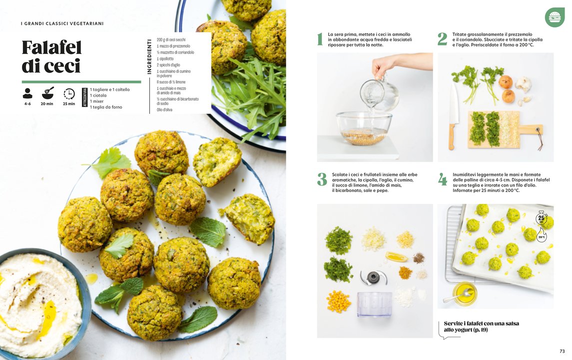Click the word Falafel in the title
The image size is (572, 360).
pyautogui.click(x=51, y=47)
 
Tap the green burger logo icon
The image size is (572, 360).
pyautogui.click(x=555, y=17)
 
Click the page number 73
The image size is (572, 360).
pyautogui.click(x=562, y=351)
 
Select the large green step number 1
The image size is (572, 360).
pyautogui.click(x=320, y=39)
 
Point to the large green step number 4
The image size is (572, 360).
pyautogui.click(x=443, y=179)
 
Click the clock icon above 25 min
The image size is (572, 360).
pyautogui.click(x=69, y=93)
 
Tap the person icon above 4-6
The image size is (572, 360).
pyautogui.click(x=27, y=93)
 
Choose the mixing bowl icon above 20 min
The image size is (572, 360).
pyautogui.click(x=48, y=93)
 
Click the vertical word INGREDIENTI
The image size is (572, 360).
pyautogui.click(x=149, y=56)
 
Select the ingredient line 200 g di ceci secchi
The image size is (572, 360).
pyautogui.click(x=171, y=39)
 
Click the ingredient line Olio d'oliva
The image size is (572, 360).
pyautogui.click(x=164, y=109)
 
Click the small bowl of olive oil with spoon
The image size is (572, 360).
pyautogui.click(x=465, y=293)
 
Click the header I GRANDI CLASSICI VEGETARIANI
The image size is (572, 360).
pyautogui.click(x=62, y=23)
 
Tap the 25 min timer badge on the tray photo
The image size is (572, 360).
pyautogui.click(x=542, y=218)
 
